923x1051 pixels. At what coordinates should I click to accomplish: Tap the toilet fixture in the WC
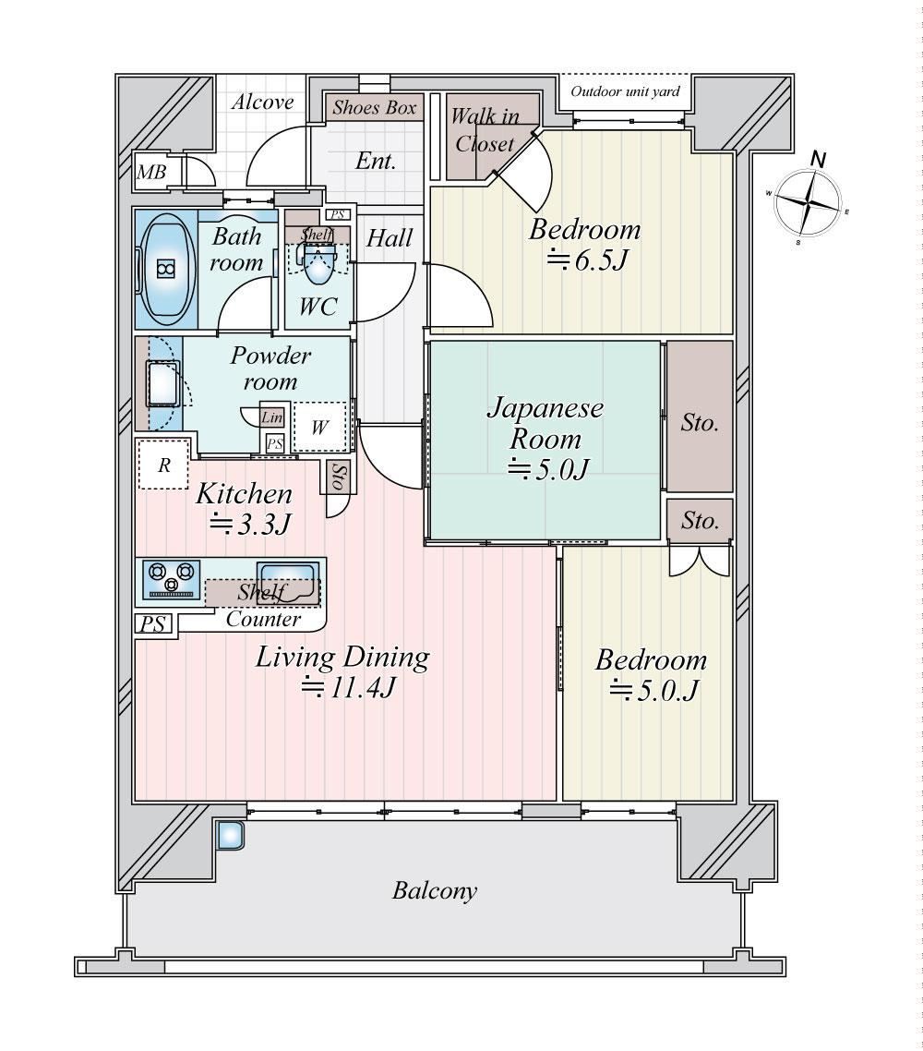click(318, 263)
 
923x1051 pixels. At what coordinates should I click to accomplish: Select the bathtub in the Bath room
click(165, 270)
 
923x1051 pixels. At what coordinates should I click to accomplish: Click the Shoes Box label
click(375, 107)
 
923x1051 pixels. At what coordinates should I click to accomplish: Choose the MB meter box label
click(151, 173)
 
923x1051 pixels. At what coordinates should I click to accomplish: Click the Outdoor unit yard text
click(625, 91)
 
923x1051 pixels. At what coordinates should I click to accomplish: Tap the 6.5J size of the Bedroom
click(587, 260)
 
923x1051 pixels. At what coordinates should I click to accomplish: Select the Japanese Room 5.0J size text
click(548, 468)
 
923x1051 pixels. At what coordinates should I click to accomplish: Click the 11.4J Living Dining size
click(348, 687)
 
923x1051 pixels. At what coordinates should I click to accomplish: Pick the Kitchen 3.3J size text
click(250, 525)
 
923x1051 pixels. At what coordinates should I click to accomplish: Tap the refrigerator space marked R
click(162, 464)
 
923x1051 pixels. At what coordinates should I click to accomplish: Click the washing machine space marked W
click(319, 427)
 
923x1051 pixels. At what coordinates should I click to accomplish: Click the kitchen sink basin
click(288, 581)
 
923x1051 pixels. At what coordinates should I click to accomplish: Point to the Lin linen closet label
click(272, 417)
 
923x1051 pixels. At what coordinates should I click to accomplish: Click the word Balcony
click(435, 891)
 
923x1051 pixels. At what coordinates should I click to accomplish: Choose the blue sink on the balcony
click(230, 835)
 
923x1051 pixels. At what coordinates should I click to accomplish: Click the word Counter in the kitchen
click(263, 618)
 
